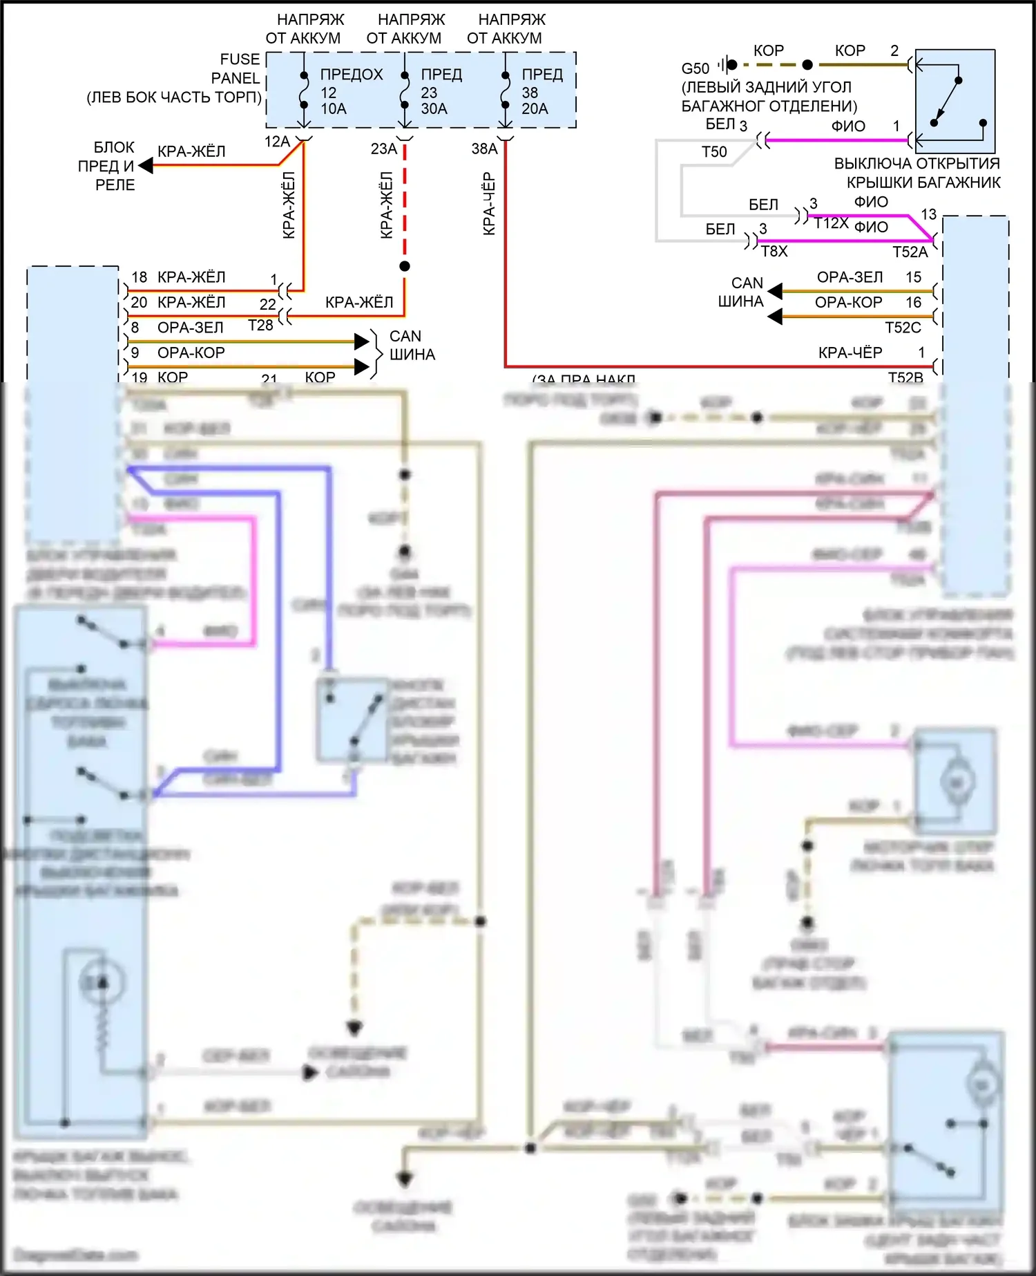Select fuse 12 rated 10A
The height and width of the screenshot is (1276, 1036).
[x=304, y=91]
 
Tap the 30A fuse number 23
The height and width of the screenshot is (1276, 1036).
[x=405, y=91]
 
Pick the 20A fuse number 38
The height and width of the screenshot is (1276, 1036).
[x=506, y=91]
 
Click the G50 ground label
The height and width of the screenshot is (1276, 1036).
[x=695, y=68]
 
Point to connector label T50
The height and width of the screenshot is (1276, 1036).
[x=714, y=152]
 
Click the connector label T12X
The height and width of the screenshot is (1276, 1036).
[x=831, y=223]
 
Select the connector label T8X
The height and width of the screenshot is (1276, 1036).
[x=774, y=252]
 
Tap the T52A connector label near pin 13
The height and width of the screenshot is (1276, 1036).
[x=910, y=252]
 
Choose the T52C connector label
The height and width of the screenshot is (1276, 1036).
[x=903, y=328]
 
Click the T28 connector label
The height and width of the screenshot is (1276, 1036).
[x=260, y=325]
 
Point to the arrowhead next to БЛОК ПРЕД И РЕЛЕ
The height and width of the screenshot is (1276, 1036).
[x=146, y=166]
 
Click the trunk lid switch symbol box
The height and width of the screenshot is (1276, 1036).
[x=955, y=101]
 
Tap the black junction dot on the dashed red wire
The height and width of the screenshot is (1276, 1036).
[x=405, y=266]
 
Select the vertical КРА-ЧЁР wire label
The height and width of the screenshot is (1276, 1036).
[x=489, y=204]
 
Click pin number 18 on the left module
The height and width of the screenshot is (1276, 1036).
[x=140, y=277]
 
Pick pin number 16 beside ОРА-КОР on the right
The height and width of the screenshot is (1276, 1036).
[x=914, y=302]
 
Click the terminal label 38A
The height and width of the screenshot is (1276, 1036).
[x=484, y=149]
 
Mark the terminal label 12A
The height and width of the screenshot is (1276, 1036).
[x=277, y=142]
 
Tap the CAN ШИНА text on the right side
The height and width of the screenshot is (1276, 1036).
[x=741, y=292]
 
